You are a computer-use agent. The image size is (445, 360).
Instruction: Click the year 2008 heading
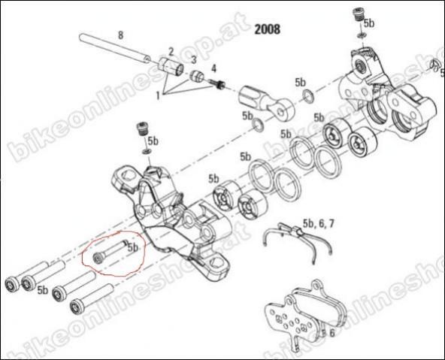click(267, 29)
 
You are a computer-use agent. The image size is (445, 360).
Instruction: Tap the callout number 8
click(120, 35)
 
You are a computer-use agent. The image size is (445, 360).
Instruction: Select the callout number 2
click(171, 52)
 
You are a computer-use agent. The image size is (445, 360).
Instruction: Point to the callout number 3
click(193, 60)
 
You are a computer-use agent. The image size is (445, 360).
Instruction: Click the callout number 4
click(213, 68)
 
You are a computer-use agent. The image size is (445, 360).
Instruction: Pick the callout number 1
click(158, 95)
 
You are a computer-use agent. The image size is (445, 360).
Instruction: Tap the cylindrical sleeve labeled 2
click(171, 67)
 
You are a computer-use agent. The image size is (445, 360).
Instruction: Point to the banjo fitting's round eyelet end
click(283, 110)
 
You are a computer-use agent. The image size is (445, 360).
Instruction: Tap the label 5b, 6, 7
click(319, 224)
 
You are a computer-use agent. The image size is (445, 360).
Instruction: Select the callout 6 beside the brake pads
click(332, 333)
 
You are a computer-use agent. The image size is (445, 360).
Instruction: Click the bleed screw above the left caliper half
click(141, 129)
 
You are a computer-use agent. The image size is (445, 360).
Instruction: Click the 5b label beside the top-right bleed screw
click(368, 23)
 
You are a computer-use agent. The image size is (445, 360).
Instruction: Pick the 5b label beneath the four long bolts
click(43, 290)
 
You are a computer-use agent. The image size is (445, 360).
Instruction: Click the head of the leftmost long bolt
click(12, 284)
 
